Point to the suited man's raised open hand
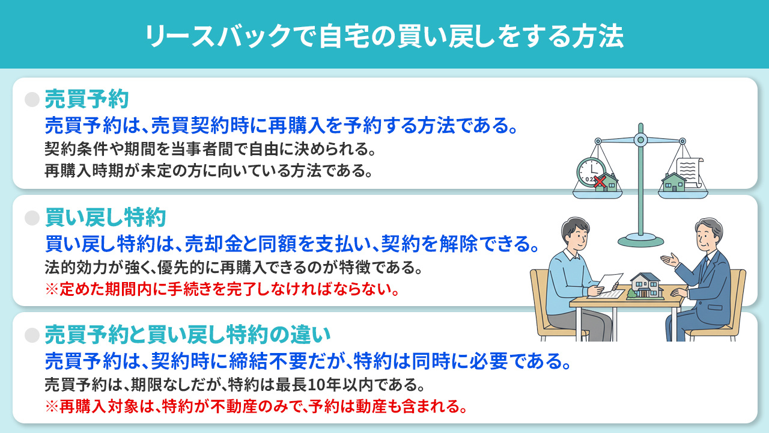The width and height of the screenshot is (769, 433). pyautogui.click(x=669, y=259)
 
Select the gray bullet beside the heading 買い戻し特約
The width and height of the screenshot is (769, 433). pyautogui.click(x=32, y=217)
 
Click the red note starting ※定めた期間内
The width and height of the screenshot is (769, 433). pyautogui.click(x=222, y=289)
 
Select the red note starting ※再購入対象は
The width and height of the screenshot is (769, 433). pyautogui.click(x=256, y=406)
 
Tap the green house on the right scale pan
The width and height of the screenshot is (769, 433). pyautogui.click(x=673, y=181)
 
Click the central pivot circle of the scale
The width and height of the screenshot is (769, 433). pyautogui.click(x=640, y=141)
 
